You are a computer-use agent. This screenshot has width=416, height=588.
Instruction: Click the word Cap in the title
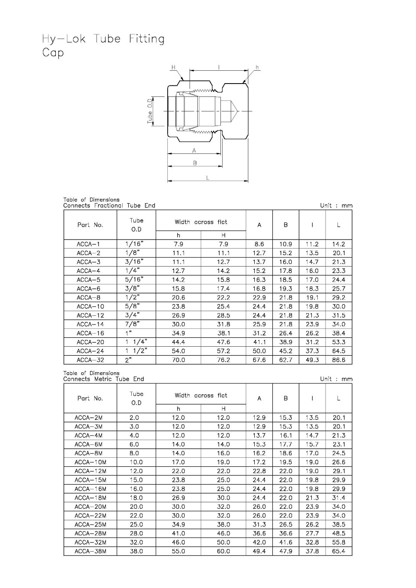tap(53, 53)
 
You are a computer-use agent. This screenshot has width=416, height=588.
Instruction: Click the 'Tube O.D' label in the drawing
tap(150, 111)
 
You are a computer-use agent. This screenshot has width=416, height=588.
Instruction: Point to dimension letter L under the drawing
tap(208, 178)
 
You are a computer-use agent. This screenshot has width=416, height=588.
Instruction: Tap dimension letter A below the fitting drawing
tap(194, 150)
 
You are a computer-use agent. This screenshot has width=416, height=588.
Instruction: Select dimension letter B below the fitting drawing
tap(195, 163)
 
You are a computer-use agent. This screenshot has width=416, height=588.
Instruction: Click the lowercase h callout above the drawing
tap(257, 67)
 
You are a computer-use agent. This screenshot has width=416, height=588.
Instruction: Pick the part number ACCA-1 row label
tap(88, 244)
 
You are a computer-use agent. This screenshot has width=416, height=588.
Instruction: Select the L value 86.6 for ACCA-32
tap(338, 360)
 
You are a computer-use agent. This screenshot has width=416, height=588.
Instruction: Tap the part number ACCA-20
tap(90, 342)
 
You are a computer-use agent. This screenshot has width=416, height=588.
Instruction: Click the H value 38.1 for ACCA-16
tap(223, 333)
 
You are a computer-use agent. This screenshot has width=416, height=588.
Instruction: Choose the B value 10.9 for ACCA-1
tap(286, 244)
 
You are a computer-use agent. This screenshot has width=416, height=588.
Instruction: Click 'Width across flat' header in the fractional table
tap(201, 222)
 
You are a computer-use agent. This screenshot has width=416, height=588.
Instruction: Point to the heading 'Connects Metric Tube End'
tap(103, 379)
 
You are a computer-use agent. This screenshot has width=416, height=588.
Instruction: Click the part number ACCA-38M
tap(90, 551)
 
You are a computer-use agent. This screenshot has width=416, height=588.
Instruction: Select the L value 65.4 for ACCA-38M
tap(338, 551)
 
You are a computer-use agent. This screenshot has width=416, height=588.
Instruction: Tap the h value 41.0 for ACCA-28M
tap(178, 534)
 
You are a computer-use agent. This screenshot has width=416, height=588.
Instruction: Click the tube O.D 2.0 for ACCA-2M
tap(134, 417)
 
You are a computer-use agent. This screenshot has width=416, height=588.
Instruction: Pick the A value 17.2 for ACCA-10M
tap(259, 462)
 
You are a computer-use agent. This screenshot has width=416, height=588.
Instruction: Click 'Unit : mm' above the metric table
tap(336, 379)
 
